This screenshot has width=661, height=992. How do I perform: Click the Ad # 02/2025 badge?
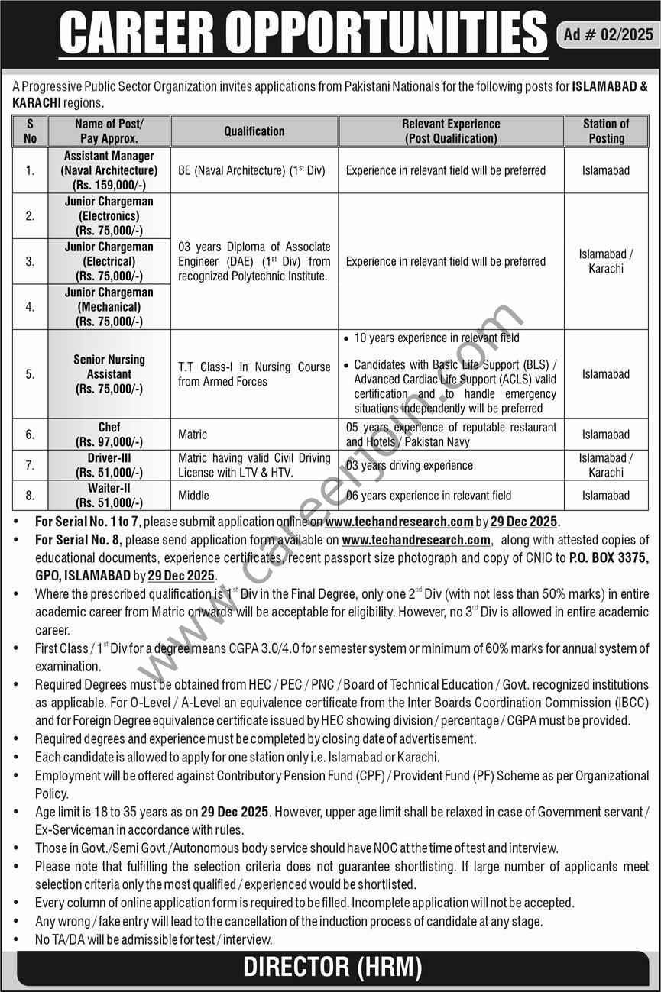pos(608,34)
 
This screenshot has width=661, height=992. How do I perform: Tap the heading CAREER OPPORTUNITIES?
pos(303,34)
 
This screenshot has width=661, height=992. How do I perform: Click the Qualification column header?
pos(254,131)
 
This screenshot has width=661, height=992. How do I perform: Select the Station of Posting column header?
pos(605,131)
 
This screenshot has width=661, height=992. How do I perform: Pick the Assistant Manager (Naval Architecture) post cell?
pos(109,170)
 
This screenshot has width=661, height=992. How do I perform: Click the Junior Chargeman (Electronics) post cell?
pos(109,216)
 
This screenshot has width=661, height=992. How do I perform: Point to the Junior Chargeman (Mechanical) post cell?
pos(109,307)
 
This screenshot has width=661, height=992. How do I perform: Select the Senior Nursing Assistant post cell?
pos(109,374)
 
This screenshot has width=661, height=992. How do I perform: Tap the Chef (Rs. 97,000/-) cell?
pos(109,435)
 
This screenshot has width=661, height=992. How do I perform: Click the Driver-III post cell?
pos(109,465)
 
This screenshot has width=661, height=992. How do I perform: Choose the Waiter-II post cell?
pos(109,495)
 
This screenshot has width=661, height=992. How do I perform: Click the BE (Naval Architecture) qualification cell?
pos(252,170)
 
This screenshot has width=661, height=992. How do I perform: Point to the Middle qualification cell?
pos(193,496)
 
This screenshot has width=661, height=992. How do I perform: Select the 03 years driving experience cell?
pos(410,465)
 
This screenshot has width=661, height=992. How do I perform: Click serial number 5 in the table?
pos(30,374)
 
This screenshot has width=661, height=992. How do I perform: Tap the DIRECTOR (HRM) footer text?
pos(332,968)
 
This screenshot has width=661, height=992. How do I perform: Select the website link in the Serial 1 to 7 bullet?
pos(399,522)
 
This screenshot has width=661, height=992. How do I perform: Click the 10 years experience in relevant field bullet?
pos(436,338)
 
